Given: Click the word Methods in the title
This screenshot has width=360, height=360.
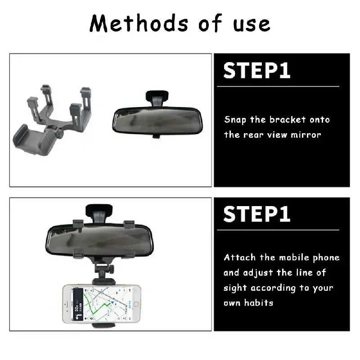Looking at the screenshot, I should click(x=131, y=23).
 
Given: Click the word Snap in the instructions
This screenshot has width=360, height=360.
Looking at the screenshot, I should click(x=235, y=120).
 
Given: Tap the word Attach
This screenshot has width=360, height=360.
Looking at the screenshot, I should click(x=240, y=258).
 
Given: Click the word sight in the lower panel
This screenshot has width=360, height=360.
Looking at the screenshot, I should click(x=234, y=288).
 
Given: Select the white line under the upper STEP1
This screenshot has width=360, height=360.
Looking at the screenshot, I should click(x=281, y=86).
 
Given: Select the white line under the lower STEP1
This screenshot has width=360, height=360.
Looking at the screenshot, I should click(x=281, y=229).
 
